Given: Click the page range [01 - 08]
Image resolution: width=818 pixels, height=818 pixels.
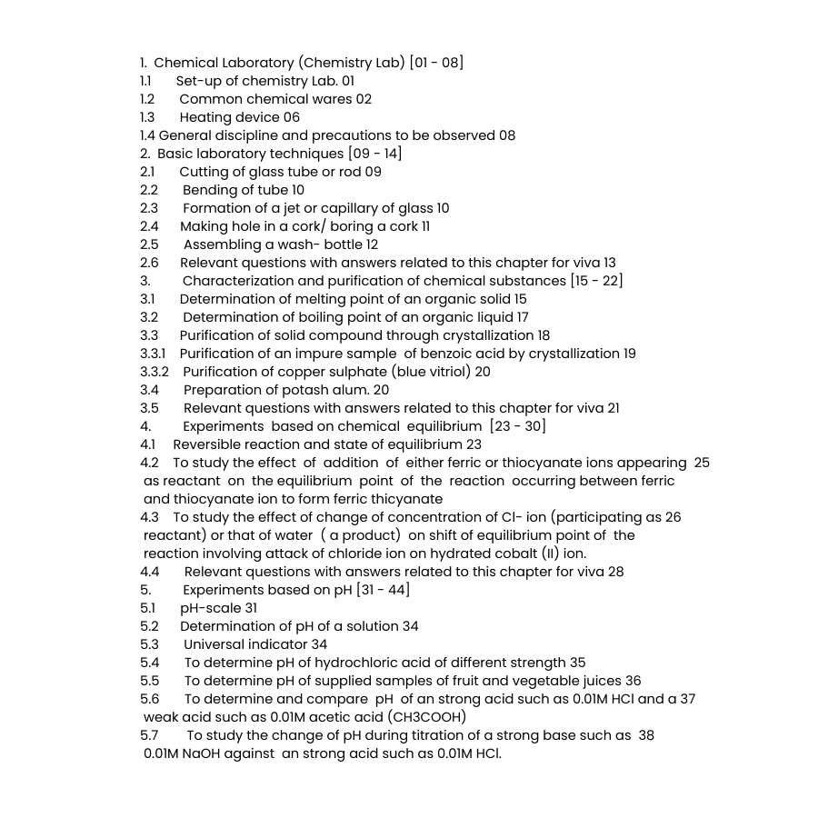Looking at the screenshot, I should pos(436,63).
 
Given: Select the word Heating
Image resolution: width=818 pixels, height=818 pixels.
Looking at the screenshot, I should pos(204,117).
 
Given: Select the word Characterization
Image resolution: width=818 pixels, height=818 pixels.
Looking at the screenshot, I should pos(237,281).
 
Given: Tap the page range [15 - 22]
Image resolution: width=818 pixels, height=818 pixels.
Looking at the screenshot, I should pos(596,281).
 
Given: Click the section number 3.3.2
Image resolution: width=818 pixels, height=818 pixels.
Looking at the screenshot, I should pos(155,372).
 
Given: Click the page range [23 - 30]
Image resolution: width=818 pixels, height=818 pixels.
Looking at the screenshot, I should pos(517,426).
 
